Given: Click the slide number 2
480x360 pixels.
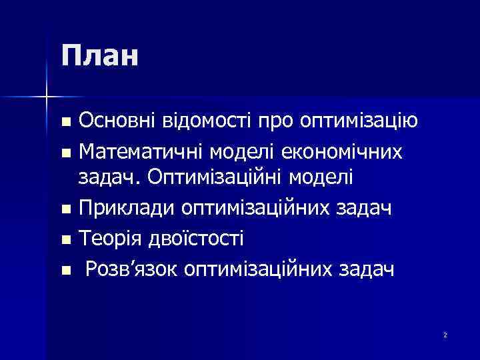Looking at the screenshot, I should click(445, 334).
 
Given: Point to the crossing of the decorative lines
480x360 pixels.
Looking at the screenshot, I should click(46, 97).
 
